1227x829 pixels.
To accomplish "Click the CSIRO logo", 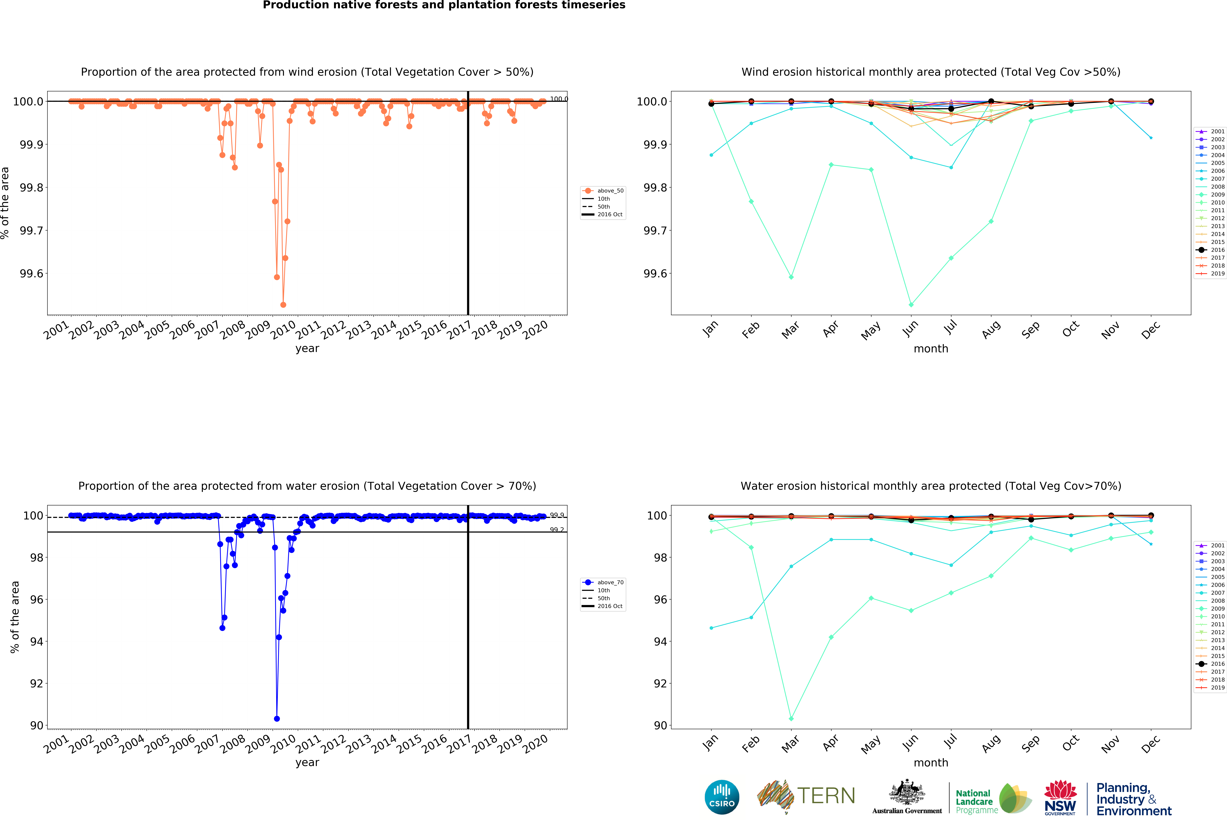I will pyautogui.click(x=722, y=797).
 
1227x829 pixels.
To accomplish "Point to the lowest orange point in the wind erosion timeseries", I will pyautogui.click(x=283, y=305).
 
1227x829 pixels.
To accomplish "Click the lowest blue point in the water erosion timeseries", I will pyautogui.click(x=277, y=719).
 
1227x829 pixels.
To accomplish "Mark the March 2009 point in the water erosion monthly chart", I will pyautogui.click(x=791, y=719).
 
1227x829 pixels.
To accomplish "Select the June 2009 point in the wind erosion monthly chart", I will pyautogui.click(x=911, y=305).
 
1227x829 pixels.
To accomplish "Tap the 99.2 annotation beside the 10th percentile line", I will pyautogui.click(x=556, y=530).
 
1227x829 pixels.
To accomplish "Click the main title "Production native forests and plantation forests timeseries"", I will pyautogui.click(x=444, y=5).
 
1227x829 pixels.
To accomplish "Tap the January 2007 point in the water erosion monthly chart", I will pyautogui.click(x=711, y=628).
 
